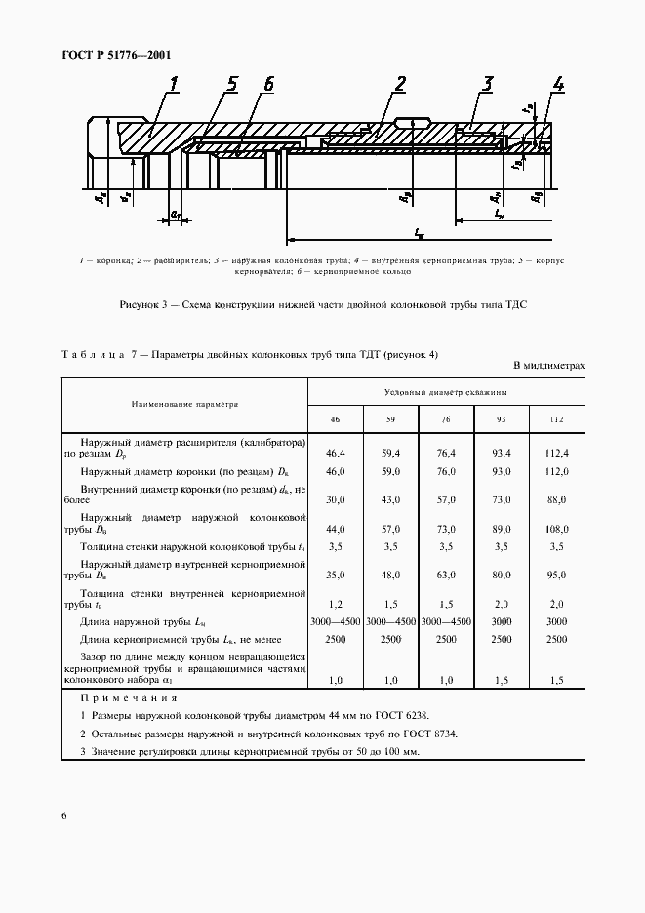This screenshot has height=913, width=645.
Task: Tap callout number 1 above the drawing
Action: [173, 85]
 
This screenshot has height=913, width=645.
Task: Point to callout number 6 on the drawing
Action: [267, 85]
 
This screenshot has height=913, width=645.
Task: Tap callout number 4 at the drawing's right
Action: [557, 85]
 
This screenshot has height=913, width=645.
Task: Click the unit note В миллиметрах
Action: [548, 366]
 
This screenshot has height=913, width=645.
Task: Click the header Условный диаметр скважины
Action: [446, 391]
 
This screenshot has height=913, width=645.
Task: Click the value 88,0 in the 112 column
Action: [557, 500]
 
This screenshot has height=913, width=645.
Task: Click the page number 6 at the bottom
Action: [63, 815]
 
